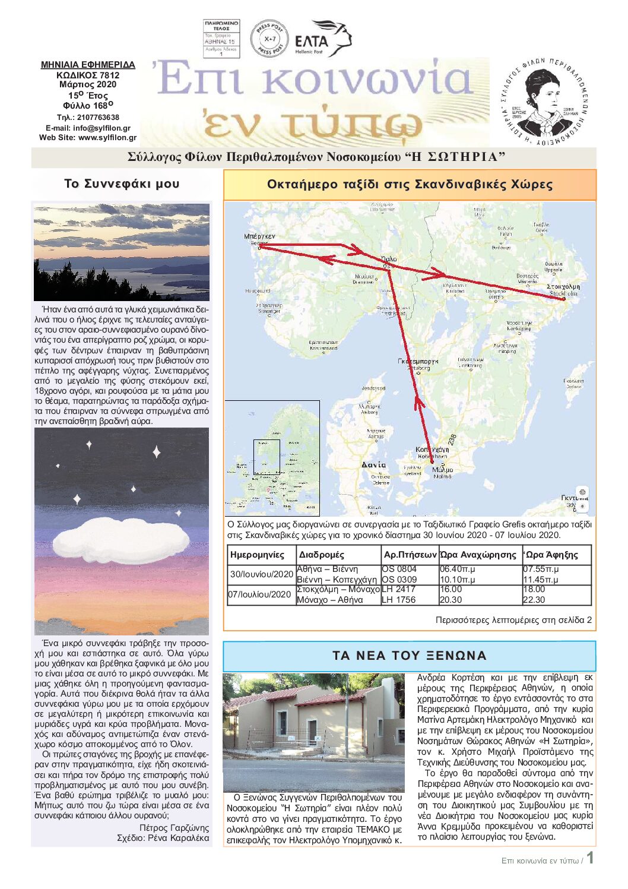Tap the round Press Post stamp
tap(269, 39)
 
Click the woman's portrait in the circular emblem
tap(541, 100)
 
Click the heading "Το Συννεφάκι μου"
tap(122, 184)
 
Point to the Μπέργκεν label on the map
tap(259, 236)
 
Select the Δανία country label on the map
tap(374, 464)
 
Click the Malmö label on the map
tap(443, 470)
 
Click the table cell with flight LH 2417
tap(398, 589)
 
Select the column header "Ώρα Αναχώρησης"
tap(478, 555)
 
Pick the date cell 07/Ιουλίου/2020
tap(261, 594)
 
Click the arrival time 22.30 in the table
tap(534, 600)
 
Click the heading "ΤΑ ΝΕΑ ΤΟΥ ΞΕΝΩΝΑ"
tap(409, 656)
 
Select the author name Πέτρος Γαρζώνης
tap(174, 828)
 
